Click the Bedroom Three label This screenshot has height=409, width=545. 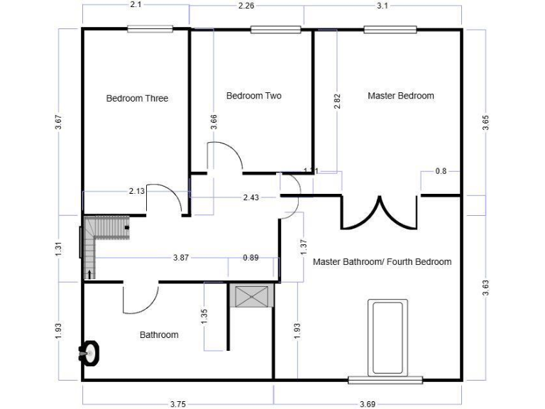click(x=137, y=99)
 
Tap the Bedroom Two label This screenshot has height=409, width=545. click(x=253, y=95)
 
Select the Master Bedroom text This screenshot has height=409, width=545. click(x=400, y=95)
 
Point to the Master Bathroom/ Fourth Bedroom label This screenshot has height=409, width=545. click(x=382, y=261)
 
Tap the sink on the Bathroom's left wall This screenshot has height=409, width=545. click(x=89, y=352)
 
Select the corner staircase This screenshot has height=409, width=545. click(x=99, y=238)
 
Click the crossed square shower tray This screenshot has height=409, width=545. click(x=252, y=296)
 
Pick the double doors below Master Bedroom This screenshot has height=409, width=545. click(x=378, y=213)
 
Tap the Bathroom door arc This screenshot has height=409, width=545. click(x=139, y=299)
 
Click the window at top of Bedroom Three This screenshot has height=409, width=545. click(x=150, y=29)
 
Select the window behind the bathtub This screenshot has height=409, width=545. click(x=385, y=379)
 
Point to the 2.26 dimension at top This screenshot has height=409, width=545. click(x=245, y=6)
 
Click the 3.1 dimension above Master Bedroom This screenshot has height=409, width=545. click(x=382, y=6)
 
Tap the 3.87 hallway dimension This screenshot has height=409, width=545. click(x=181, y=258)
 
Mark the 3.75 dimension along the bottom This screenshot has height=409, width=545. click(x=179, y=403)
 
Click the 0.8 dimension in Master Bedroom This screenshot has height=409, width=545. click(x=441, y=171)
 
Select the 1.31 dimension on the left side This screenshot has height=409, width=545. click(x=59, y=249)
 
